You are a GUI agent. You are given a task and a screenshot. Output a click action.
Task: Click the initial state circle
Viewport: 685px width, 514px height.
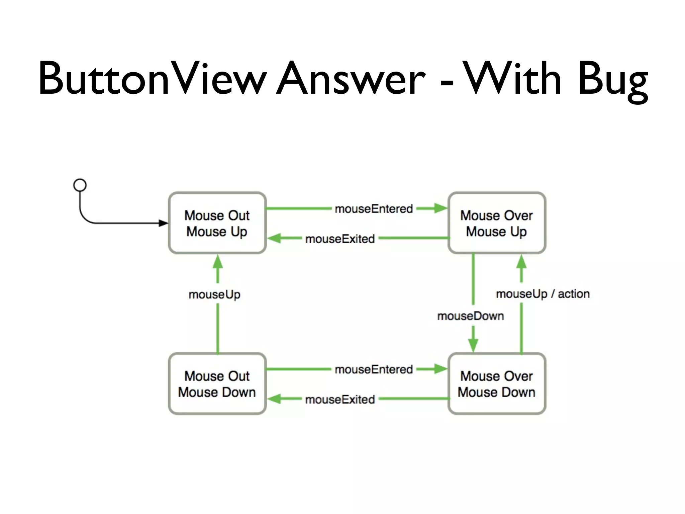[80, 185]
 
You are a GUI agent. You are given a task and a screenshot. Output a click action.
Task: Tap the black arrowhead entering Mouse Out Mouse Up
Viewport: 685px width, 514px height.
[163, 223]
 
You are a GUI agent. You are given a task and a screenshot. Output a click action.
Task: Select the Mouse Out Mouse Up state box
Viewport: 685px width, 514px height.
[217, 223]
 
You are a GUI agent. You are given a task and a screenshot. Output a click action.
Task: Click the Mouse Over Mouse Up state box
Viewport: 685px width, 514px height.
[497, 223]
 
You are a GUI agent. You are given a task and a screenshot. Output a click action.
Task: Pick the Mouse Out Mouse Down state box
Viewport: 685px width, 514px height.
[217, 384]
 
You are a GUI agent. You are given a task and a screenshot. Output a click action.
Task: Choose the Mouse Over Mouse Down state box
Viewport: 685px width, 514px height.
[497, 384]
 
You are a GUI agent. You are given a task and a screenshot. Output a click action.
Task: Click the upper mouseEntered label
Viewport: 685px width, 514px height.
[374, 209]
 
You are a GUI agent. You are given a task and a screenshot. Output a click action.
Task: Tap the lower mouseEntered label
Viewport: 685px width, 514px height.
[374, 369]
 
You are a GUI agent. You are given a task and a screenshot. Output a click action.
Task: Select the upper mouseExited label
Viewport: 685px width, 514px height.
[340, 239]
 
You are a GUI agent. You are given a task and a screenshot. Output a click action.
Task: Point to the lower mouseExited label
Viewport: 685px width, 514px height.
[340, 400]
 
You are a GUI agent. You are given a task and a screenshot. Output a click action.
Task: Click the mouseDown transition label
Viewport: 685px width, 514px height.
[471, 316]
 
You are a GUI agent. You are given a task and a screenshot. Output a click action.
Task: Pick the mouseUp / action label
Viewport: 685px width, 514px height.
[543, 294]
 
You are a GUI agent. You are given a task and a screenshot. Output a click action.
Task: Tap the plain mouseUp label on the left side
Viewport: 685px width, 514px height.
[214, 294]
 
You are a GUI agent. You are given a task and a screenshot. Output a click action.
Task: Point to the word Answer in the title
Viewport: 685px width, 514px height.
[351, 79]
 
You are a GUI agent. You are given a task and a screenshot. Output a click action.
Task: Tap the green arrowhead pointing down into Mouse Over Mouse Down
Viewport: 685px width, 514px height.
[473, 345]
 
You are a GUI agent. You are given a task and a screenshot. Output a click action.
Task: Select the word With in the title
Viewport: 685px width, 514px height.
[513, 79]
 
